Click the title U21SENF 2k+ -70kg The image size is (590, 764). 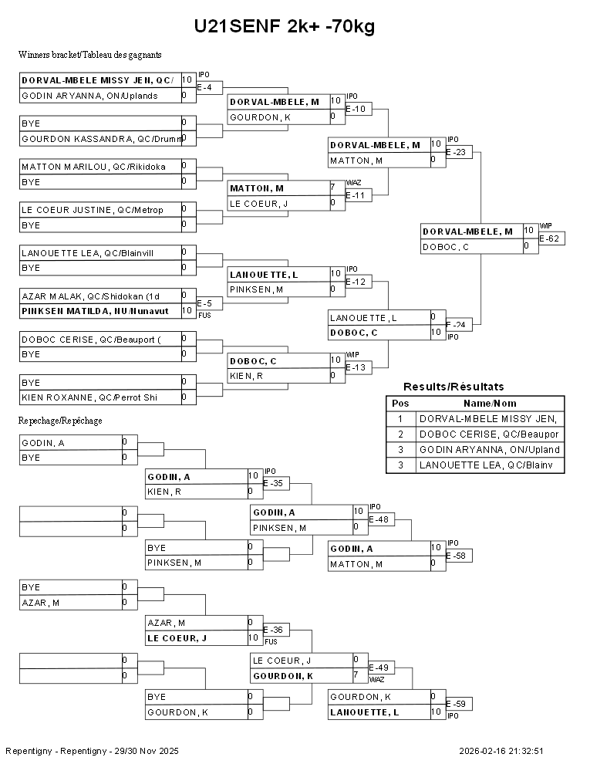[x=285, y=27]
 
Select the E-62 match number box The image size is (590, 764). [x=551, y=238]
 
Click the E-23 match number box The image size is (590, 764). [x=459, y=152]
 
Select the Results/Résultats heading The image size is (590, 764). [x=453, y=387]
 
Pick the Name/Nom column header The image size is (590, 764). [x=490, y=404]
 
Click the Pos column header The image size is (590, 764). [x=400, y=404]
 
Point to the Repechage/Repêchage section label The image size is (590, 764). [x=61, y=421]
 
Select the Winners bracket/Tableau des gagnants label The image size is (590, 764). [x=89, y=55]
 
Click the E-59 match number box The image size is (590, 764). [x=459, y=704]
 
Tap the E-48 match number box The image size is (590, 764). [x=381, y=519]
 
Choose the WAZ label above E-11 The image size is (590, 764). [x=352, y=183]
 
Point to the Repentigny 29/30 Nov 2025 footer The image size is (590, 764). [x=92, y=750]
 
